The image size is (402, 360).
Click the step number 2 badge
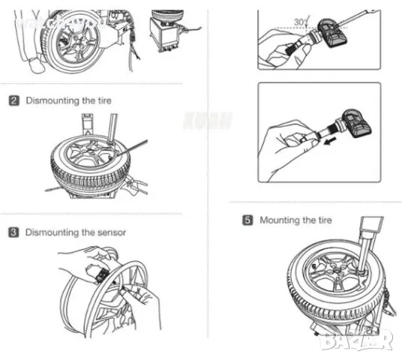13,100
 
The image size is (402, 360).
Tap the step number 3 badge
13,232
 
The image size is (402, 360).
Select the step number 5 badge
247,220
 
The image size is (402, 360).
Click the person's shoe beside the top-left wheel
37,67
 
